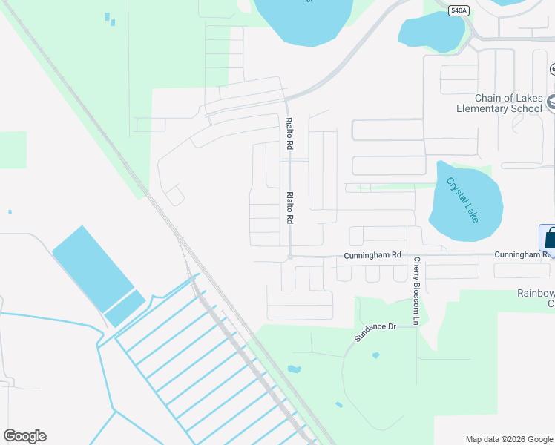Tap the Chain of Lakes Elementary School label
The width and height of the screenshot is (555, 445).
509,104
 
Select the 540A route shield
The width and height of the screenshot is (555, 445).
459,10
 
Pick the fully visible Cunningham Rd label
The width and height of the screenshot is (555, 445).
372,255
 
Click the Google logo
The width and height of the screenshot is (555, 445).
24,436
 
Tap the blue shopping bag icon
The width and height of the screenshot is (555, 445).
548,238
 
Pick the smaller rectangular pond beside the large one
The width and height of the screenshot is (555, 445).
125,308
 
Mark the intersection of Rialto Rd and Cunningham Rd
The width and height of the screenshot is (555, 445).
289,257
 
